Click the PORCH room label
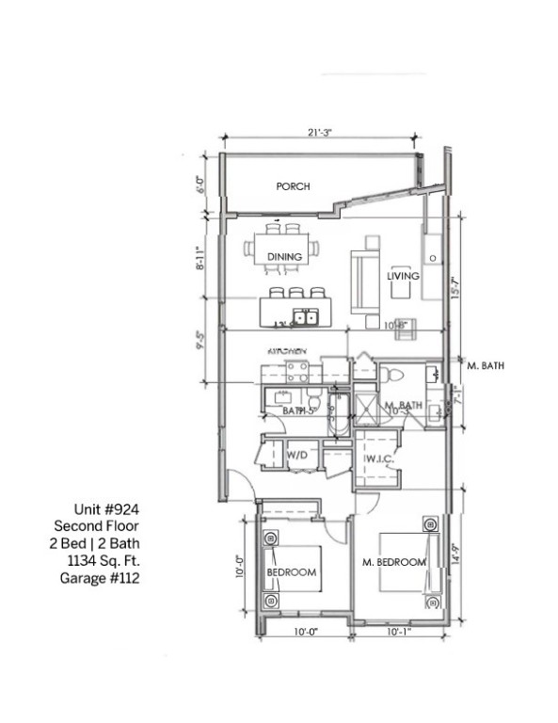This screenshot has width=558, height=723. [293, 186]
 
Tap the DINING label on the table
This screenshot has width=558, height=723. [284, 256]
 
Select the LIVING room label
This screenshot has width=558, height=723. [403, 276]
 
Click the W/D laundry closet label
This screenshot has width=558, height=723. [297, 455]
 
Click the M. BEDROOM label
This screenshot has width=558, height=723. [394, 562]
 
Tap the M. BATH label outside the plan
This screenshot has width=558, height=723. [487, 365]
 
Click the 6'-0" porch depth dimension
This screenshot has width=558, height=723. [199, 184]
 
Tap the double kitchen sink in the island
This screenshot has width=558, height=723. [305, 316]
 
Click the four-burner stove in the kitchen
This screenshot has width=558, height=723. [297, 371]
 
